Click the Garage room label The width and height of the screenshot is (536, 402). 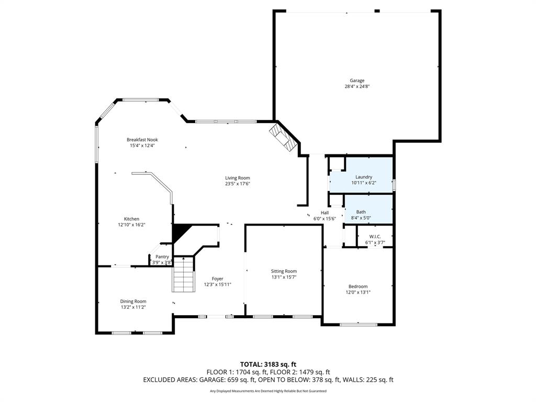click(x=357, y=81)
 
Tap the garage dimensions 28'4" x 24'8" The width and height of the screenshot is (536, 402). click(x=357, y=86)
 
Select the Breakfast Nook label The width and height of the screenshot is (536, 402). click(x=142, y=140)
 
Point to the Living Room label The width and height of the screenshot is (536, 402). click(x=237, y=178)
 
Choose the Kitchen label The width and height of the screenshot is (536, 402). click(x=131, y=219)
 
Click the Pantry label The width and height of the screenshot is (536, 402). click(x=162, y=256)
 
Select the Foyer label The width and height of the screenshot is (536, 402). click(x=217, y=278)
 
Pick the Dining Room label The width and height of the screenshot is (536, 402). click(x=133, y=301)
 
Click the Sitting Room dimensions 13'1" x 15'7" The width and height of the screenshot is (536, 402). click(x=284, y=277)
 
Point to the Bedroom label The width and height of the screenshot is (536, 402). click(x=358, y=286)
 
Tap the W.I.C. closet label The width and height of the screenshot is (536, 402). click(x=374, y=237)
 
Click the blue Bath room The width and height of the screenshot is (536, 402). click(x=368, y=209)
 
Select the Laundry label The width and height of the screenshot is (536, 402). click(x=363, y=177)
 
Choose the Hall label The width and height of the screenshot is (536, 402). click(x=325, y=213)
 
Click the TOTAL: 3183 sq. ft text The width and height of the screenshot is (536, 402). click(x=268, y=364)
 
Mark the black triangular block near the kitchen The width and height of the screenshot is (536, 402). click(x=179, y=232)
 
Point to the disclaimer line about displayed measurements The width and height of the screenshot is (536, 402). click(x=268, y=391)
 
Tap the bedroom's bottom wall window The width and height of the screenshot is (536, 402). click(x=358, y=325)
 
